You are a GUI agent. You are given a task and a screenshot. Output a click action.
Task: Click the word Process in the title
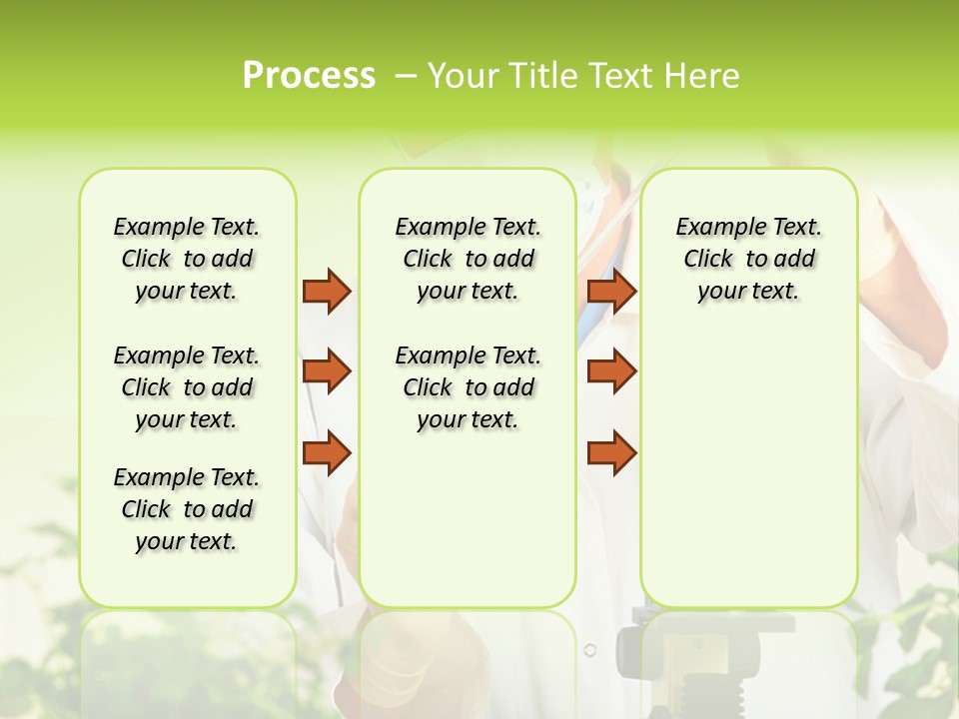pyautogui.click(x=309, y=76)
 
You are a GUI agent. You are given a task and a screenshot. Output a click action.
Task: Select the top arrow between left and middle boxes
pyautogui.click(x=327, y=291)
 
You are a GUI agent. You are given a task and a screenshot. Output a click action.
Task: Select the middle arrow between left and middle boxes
pyautogui.click(x=327, y=371)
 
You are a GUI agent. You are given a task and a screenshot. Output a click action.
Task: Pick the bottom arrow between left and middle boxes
pyautogui.click(x=327, y=452)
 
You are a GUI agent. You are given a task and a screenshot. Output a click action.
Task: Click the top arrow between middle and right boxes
pyautogui.click(x=611, y=291)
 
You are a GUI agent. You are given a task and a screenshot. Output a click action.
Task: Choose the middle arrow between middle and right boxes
pyautogui.click(x=611, y=371)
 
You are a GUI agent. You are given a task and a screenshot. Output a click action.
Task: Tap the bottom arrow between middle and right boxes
pyautogui.click(x=611, y=452)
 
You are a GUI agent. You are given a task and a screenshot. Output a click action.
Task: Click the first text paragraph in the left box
pyautogui.click(x=187, y=259)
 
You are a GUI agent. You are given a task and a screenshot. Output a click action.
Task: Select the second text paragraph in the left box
pyautogui.click(x=187, y=387)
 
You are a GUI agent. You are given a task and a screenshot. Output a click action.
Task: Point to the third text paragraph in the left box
pyautogui.click(x=187, y=509)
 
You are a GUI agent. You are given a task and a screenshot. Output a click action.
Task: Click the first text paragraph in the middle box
pyautogui.click(x=468, y=259)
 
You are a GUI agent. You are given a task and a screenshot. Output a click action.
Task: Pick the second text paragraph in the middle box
pyautogui.click(x=468, y=387)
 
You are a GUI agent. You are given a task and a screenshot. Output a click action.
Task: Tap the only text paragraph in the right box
pyautogui.click(x=748, y=259)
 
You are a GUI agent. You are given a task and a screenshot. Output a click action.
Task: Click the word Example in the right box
pyautogui.click(x=713, y=228)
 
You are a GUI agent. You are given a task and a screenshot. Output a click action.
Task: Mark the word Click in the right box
pyautogui.click(x=708, y=260)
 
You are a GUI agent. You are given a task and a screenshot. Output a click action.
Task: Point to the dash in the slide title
pyautogui.click(x=407, y=76)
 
